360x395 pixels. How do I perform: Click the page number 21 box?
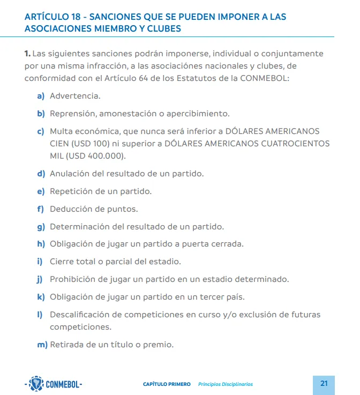pyautogui.click(x=324, y=383)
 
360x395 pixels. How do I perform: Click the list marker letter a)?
pyautogui.click(x=41, y=96)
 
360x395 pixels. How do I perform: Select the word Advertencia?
pyautogui.click(x=74, y=96)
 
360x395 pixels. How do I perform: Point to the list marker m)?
pyautogui.click(x=42, y=345)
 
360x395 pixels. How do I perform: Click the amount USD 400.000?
pyautogui.click(x=94, y=156)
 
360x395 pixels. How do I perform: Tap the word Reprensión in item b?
pyautogui.click(x=71, y=114)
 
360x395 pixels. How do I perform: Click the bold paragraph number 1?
pyautogui.click(x=27, y=54)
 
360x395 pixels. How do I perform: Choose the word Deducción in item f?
pyautogui.click(x=71, y=209)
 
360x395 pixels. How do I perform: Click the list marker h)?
pyautogui.click(x=41, y=244)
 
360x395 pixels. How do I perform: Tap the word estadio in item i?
pyautogui.click(x=163, y=262)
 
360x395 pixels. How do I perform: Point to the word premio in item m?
pyautogui.click(x=157, y=345)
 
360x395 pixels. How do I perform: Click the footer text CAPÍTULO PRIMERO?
pyautogui.click(x=167, y=384)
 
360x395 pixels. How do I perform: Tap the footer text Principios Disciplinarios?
pyautogui.click(x=225, y=384)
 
